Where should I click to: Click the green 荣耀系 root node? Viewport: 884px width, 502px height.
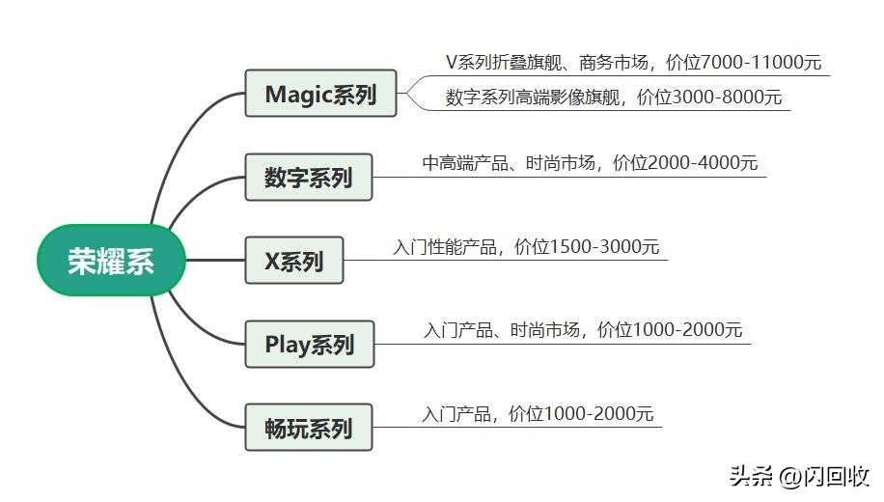click(x=110, y=261)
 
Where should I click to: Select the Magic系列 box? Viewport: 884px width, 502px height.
click(x=320, y=94)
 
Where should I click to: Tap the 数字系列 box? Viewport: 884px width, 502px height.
click(x=308, y=178)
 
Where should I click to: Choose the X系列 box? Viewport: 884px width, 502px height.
click(x=293, y=261)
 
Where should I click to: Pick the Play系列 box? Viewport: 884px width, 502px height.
click(x=309, y=345)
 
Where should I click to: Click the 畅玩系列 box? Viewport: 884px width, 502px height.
click(x=308, y=428)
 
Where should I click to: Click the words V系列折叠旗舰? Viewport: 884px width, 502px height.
click(x=501, y=63)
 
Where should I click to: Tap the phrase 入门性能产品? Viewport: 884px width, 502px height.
click(x=445, y=247)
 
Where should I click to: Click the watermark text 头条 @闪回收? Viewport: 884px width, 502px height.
click(x=799, y=476)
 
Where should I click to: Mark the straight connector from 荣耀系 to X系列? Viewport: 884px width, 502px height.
click(x=214, y=261)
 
